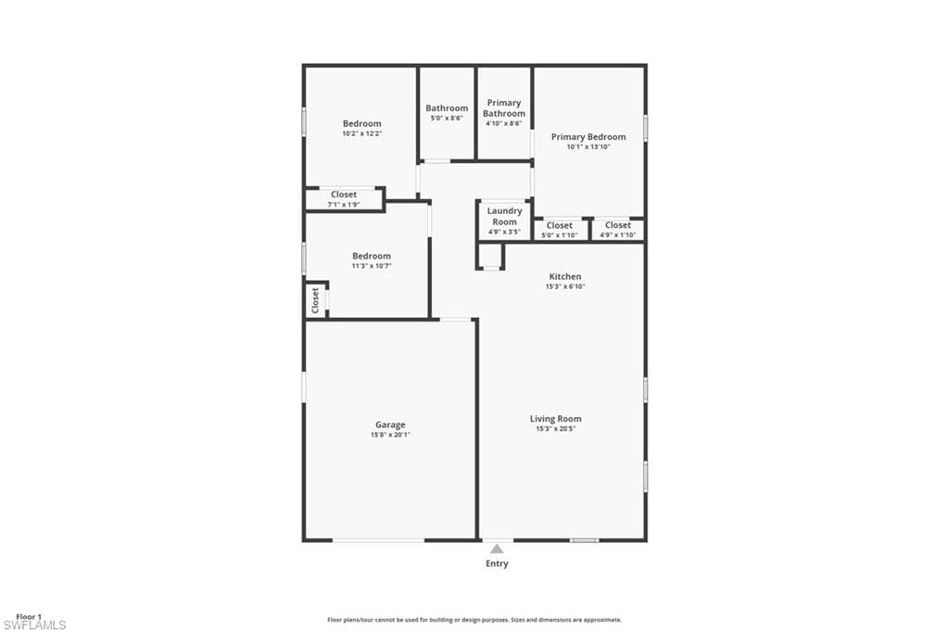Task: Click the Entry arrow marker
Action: [x=497, y=549]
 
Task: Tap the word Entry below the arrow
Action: [x=497, y=563]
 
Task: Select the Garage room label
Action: [x=390, y=425]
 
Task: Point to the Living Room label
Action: [x=556, y=418]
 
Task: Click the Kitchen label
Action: [x=565, y=277]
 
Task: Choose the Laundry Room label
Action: [x=504, y=216]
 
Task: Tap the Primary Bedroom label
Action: [x=588, y=137]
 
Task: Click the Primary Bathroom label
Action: [x=503, y=107]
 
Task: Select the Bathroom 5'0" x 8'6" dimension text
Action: [x=447, y=118]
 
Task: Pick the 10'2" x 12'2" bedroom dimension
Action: [x=362, y=133]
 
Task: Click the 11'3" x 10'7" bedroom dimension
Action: [x=372, y=266]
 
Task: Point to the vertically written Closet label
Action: [x=315, y=300]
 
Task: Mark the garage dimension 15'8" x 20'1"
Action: [x=390, y=435]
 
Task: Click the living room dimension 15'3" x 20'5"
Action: [x=556, y=429]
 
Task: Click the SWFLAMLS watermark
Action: [x=34, y=626]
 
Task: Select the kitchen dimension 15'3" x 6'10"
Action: [x=565, y=286]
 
